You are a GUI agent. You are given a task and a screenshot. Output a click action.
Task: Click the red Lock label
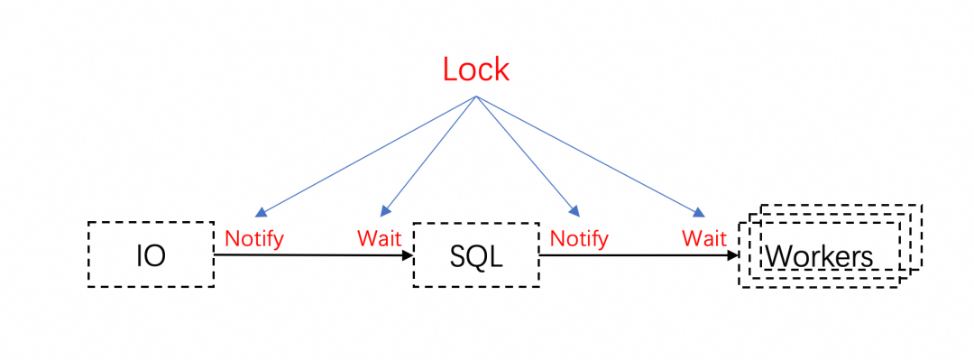(476, 69)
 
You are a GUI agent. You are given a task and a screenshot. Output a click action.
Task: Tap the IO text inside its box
(151, 255)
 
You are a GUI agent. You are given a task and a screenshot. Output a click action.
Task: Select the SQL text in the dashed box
(476, 255)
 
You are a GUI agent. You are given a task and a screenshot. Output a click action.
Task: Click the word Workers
(819, 255)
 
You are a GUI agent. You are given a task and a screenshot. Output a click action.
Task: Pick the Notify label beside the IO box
(254, 238)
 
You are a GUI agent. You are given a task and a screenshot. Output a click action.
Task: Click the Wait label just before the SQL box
(379, 238)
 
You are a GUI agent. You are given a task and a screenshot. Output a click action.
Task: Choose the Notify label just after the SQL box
(579, 238)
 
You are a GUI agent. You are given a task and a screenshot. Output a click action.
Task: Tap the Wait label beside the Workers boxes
(704, 238)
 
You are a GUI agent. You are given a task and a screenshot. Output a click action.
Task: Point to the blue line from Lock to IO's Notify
(365, 155)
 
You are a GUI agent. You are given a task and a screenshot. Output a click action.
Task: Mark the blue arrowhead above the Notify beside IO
(261, 212)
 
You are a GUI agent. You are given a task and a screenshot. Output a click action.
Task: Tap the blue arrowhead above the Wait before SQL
(385, 211)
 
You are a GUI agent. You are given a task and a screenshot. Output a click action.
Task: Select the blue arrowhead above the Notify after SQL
(574, 211)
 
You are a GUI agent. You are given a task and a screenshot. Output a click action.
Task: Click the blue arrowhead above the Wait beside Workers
(700, 213)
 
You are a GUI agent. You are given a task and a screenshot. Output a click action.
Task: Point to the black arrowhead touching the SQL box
(409, 255)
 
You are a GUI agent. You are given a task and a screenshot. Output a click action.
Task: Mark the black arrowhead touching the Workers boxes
(733, 255)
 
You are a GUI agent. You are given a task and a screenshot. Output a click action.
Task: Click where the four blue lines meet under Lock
(476, 97)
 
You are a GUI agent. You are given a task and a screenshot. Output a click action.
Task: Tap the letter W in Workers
(776, 255)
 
